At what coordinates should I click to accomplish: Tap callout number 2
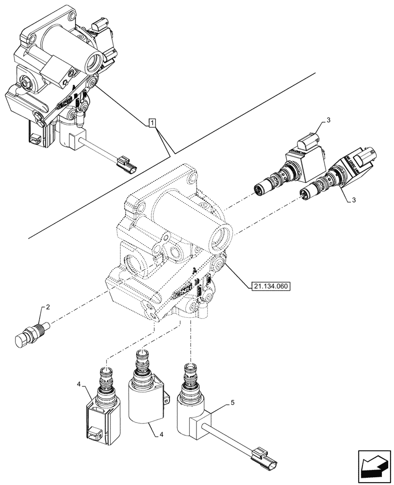click(48, 307)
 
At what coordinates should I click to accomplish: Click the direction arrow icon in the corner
click(373, 467)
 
